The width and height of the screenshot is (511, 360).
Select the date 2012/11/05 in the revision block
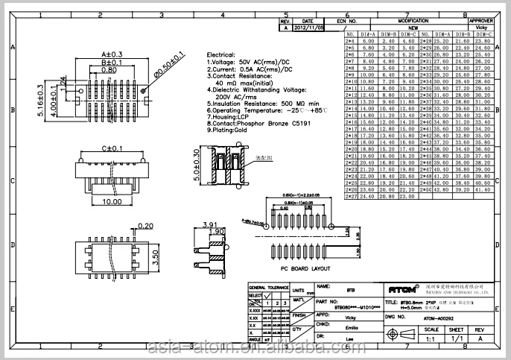(308, 27)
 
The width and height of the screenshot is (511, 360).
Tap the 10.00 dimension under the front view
(112, 201)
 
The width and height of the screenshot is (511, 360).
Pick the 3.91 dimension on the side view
(209, 224)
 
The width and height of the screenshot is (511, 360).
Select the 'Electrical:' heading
(221, 55)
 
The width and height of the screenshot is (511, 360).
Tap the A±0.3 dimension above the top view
(112, 54)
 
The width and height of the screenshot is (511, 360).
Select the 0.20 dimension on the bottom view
(145, 226)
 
